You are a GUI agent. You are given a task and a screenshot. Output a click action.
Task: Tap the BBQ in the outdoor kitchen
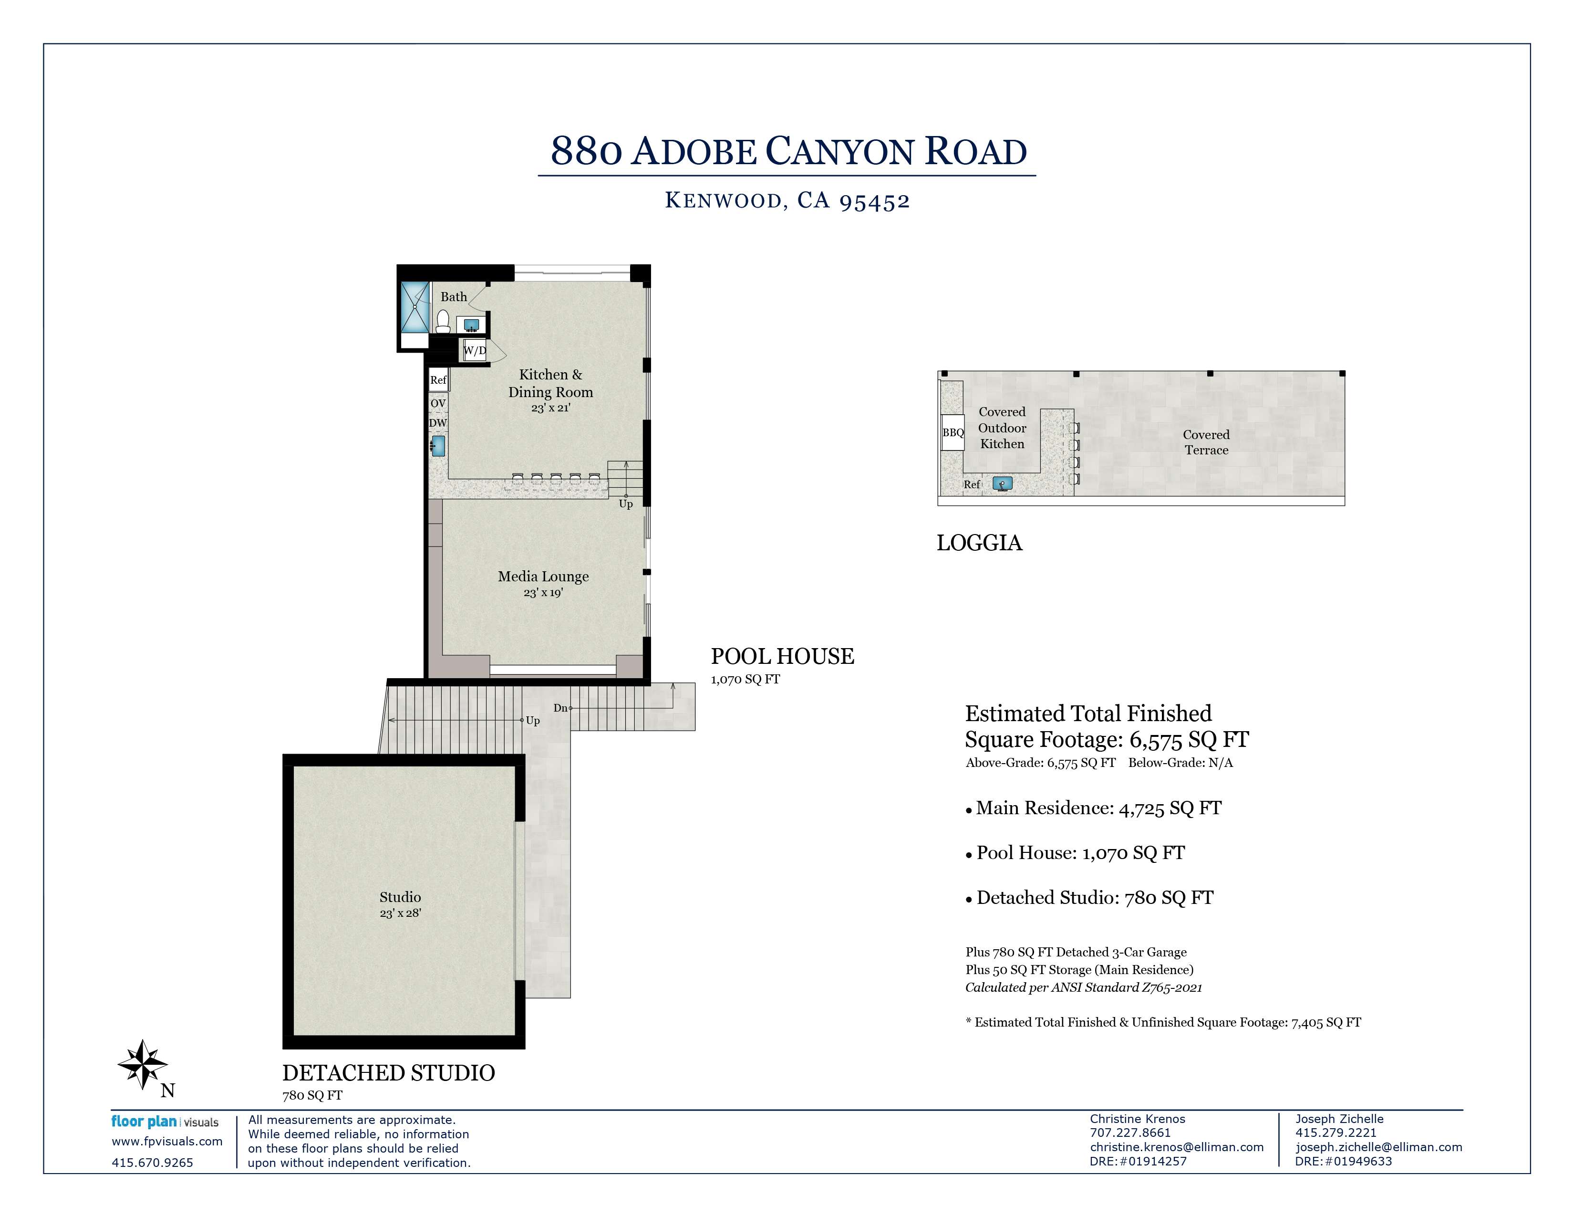pos(953,432)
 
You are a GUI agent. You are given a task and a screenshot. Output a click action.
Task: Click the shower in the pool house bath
pos(415,306)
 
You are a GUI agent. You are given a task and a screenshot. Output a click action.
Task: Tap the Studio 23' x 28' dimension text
pos(401,913)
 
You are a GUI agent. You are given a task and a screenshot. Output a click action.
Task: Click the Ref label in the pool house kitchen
pos(438,380)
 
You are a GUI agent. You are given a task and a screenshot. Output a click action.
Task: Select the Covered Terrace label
pos(1206,442)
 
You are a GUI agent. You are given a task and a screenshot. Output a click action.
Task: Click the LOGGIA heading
pos(979,543)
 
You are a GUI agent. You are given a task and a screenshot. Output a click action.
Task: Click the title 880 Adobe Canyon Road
pos(788,151)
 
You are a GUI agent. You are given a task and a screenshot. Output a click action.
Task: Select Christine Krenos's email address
pos(1177,1147)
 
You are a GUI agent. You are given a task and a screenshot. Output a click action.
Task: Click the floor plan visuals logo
pos(165,1122)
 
